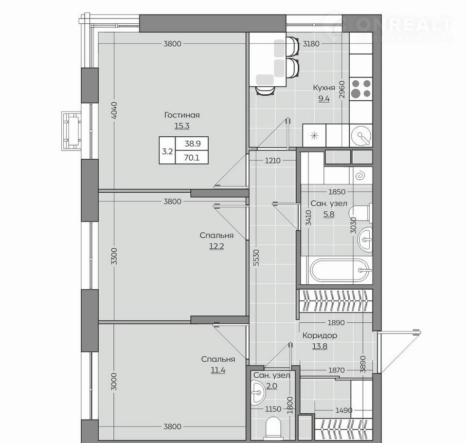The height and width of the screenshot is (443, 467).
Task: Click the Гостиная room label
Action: click(182, 115)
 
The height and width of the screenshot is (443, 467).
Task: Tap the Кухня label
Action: click(324, 88)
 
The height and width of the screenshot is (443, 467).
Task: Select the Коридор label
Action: click(320, 335)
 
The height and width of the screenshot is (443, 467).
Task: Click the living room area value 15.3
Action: click(182, 126)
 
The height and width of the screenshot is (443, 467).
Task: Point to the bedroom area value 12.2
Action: click(216, 246)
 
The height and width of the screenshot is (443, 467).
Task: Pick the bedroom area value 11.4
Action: click(218, 370)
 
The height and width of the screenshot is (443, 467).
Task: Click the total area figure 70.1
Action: click(192, 157)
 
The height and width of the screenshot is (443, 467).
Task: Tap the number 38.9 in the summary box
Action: click(193, 144)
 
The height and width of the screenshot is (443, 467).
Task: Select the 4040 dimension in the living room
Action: click(114, 111)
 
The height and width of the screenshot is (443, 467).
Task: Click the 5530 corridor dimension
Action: click(257, 258)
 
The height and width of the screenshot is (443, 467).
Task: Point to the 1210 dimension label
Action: click(272, 160)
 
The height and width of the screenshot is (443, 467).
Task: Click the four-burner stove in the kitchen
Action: click(361, 89)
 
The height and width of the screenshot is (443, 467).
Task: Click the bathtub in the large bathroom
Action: click(340, 270)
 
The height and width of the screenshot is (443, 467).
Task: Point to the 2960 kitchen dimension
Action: click(342, 90)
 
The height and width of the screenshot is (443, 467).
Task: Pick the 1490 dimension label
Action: click(344, 410)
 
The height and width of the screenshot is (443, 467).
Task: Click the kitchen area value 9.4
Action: click(324, 99)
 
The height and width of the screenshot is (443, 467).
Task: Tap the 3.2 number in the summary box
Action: click(167, 151)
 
